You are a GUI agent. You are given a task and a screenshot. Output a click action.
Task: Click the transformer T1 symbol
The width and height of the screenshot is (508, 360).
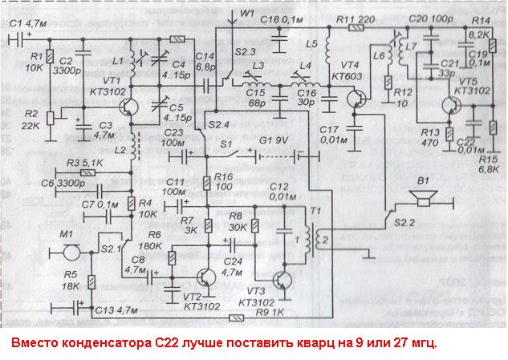311,241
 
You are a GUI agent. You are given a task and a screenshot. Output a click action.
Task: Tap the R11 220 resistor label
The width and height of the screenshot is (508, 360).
356,18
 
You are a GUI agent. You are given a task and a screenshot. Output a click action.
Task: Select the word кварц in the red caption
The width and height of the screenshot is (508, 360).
352,343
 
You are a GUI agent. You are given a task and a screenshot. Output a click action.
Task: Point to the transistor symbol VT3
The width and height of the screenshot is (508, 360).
282,282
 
